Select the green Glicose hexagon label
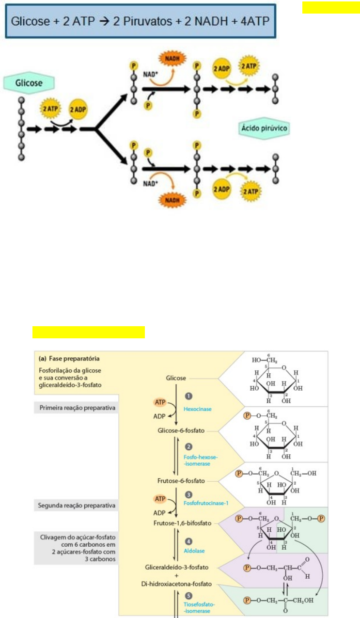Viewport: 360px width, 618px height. point(30,83)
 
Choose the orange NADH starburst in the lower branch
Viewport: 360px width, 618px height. point(172,199)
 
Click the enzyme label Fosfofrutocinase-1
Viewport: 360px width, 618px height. point(205,504)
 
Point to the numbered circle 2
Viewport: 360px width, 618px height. point(188,446)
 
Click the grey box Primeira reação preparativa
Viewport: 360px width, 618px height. point(77,408)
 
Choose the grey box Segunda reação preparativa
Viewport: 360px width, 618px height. point(77,506)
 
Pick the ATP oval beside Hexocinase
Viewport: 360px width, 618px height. point(159,402)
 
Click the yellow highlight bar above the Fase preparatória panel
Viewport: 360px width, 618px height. point(89,332)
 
